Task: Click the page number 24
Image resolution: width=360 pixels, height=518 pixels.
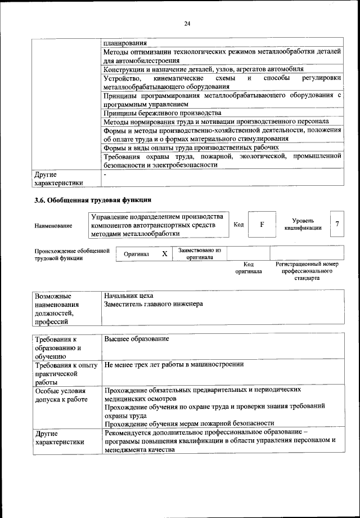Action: tap(187, 24)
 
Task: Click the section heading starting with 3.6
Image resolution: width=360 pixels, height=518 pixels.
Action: tap(93, 199)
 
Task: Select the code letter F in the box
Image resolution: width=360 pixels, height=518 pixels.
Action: tap(262, 224)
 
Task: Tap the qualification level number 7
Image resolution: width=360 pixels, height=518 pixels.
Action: tap(336, 224)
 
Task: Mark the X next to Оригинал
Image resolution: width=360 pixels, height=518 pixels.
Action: tap(165, 254)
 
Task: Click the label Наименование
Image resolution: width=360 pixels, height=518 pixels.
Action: tap(53, 225)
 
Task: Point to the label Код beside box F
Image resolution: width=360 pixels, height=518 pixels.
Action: tap(238, 225)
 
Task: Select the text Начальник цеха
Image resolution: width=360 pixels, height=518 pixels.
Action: tap(129, 295)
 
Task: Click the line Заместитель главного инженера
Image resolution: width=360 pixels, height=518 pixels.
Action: tap(153, 304)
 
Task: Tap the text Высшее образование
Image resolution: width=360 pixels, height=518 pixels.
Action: tap(137, 339)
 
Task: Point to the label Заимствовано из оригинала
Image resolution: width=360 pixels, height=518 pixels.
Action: tap(200, 253)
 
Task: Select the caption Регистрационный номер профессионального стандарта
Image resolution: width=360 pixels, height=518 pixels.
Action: tap(307, 270)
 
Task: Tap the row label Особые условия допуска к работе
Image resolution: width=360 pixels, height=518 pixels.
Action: tap(61, 395)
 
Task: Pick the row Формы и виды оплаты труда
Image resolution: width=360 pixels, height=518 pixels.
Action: tap(191, 148)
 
